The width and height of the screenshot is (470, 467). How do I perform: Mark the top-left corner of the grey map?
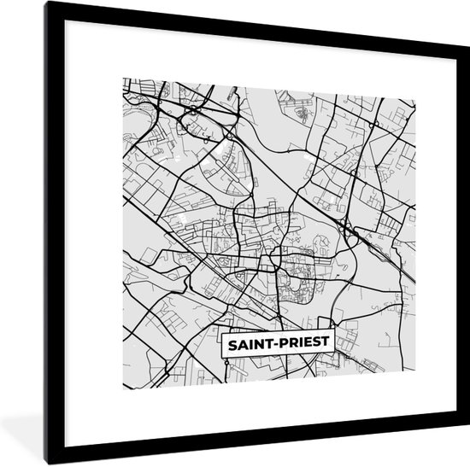coord(124,79)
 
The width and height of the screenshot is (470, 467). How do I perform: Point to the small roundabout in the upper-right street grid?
coord(373,124)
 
